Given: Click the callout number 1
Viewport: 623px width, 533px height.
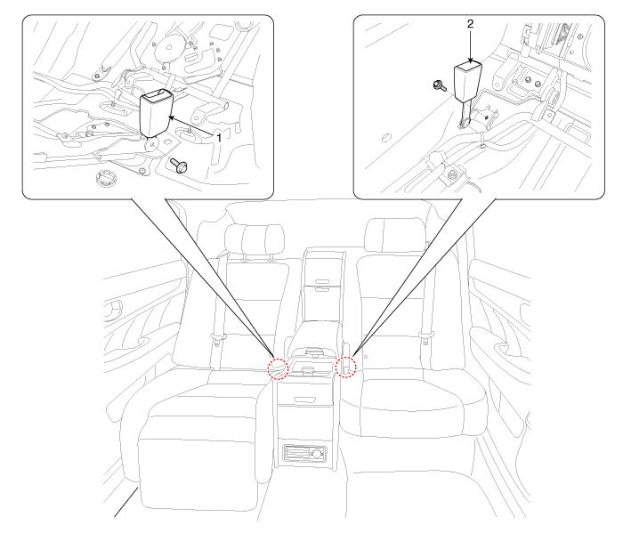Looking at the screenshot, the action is (x=219, y=138).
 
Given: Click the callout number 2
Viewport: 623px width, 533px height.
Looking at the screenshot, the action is (x=471, y=24).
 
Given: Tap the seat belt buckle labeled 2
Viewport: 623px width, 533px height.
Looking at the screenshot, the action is (x=467, y=82).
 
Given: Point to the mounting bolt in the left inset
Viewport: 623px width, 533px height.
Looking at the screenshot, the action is (x=179, y=165).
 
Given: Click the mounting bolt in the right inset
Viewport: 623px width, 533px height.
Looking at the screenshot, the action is (x=440, y=85).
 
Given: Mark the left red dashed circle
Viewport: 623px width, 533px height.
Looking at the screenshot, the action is (x=278, y=369).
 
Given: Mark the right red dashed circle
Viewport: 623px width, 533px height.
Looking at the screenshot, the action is (x=345, y=367).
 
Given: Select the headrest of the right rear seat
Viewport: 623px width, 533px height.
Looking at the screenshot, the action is (x=396, y=235).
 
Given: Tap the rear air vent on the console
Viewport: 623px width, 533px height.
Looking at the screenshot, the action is (x=304, y=453).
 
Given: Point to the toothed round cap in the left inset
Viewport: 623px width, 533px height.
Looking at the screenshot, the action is (x=107, y=178).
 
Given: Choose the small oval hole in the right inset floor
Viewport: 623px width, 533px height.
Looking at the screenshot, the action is (x=386, y=138).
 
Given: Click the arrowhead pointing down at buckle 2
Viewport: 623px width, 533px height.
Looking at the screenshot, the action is (x=471, y=61).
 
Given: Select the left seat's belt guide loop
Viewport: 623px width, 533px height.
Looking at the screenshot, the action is (x=218, y=340).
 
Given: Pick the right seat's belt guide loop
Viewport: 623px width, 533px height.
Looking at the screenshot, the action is (x=425, y=338).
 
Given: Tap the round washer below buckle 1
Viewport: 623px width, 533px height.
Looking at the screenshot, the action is (x=151, y=144).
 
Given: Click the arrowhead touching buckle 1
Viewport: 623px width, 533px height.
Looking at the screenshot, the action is (x=172, y=117).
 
